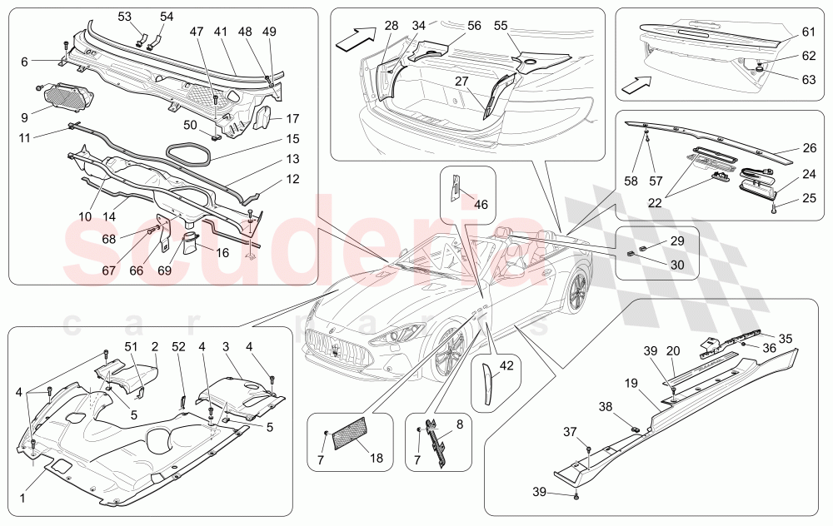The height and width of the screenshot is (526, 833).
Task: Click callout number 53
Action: pyautogui.click(x=124, y=16)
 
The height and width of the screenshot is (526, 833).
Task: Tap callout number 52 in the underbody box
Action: pyautogui.click(x=178, y=346)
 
